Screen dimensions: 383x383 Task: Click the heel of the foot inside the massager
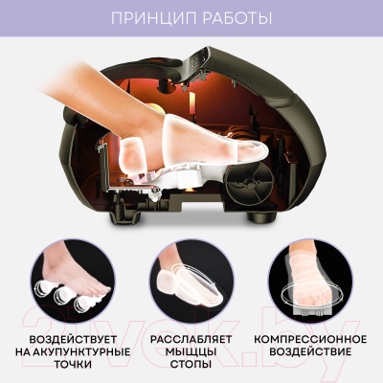point(134,153)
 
